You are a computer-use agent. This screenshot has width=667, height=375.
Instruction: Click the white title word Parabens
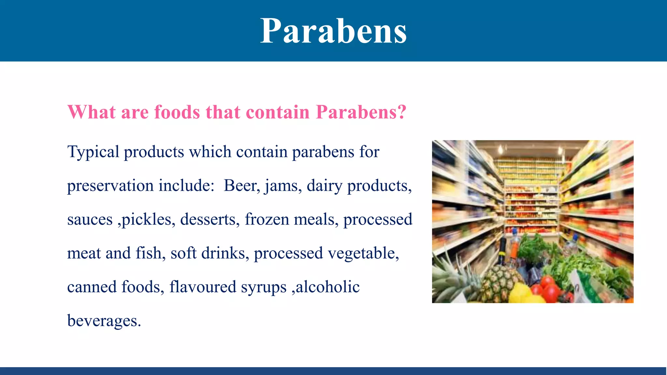(x=333, y=31)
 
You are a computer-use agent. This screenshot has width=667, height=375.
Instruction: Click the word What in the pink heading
(x=92, y=112)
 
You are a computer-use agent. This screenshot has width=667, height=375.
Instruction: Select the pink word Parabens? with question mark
(x=361, y=112)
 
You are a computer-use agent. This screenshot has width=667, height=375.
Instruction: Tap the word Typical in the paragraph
(x=93, y=152)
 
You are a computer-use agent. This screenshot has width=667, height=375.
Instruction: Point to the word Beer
(x=241, y=186)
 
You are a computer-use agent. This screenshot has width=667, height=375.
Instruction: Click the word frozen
(x=267, y=219)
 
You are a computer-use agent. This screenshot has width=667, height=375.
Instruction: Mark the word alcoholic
(x=328, y=287)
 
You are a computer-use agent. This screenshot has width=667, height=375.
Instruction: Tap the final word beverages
(x=104, y=321)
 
